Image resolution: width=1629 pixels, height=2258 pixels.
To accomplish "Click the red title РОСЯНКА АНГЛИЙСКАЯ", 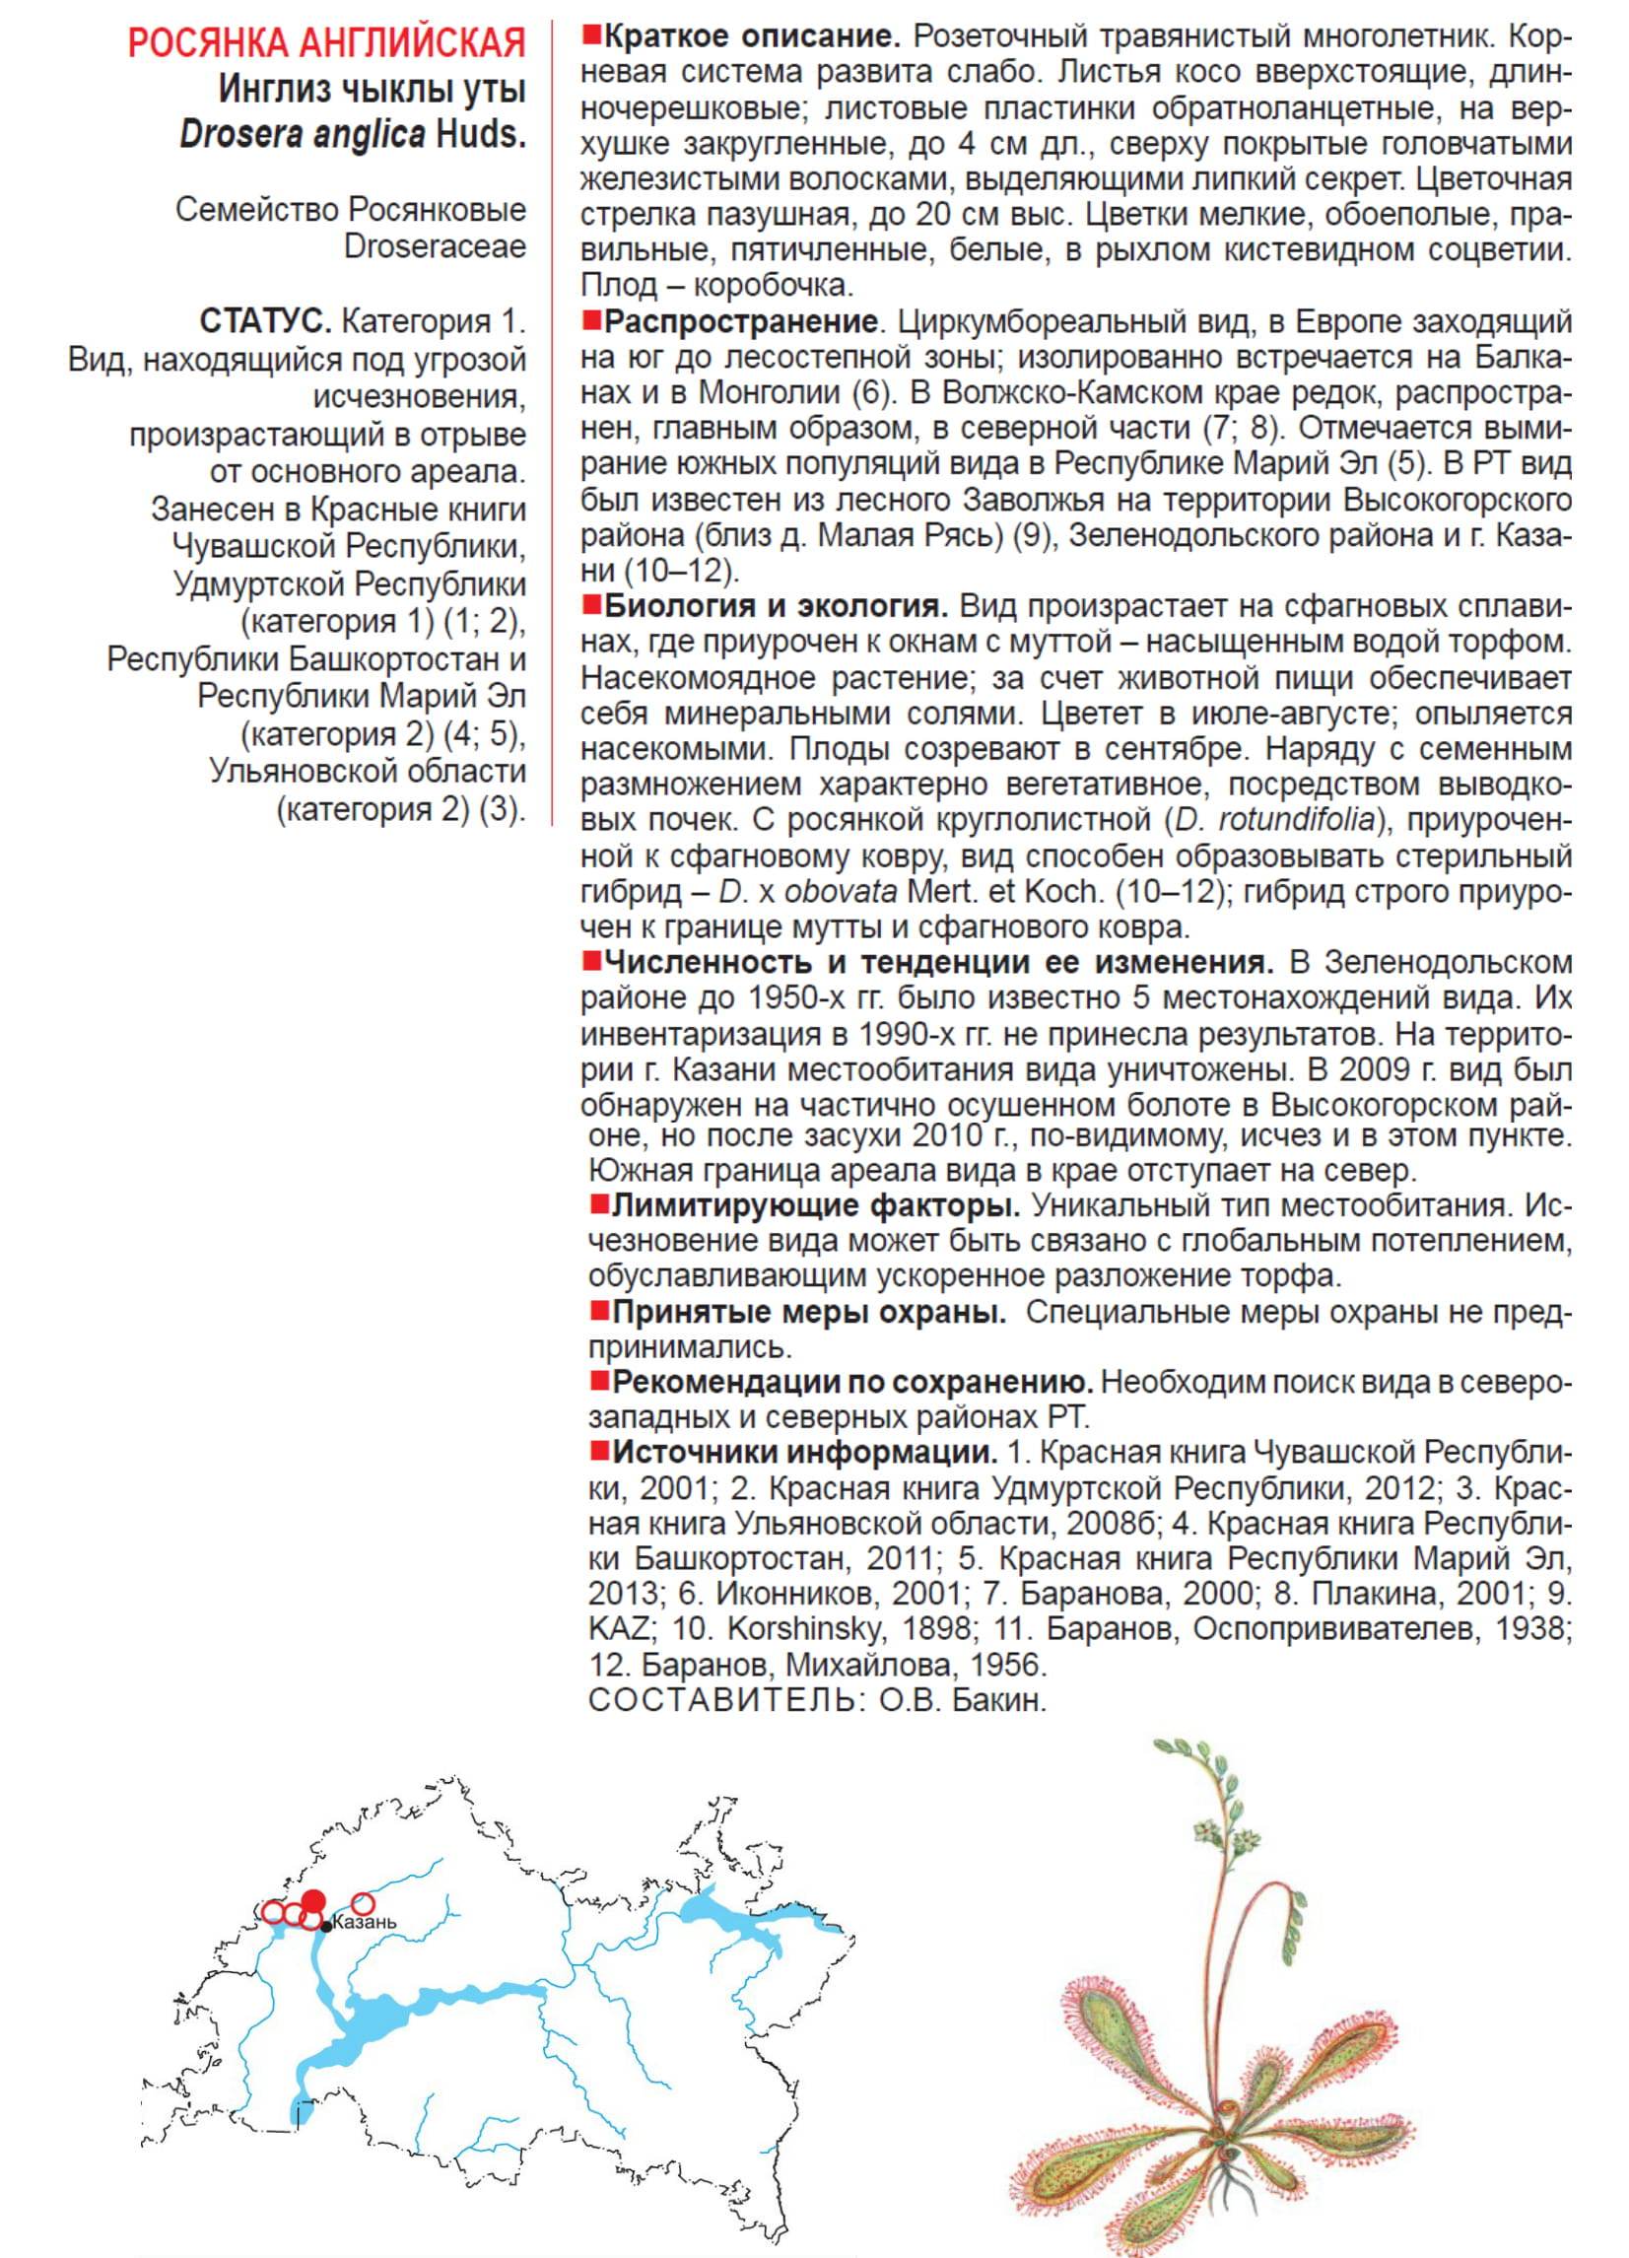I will point(327,44).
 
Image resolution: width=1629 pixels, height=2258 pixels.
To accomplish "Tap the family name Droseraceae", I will point(436,247).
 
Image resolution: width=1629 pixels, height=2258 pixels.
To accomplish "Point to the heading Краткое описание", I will point(753,38).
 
